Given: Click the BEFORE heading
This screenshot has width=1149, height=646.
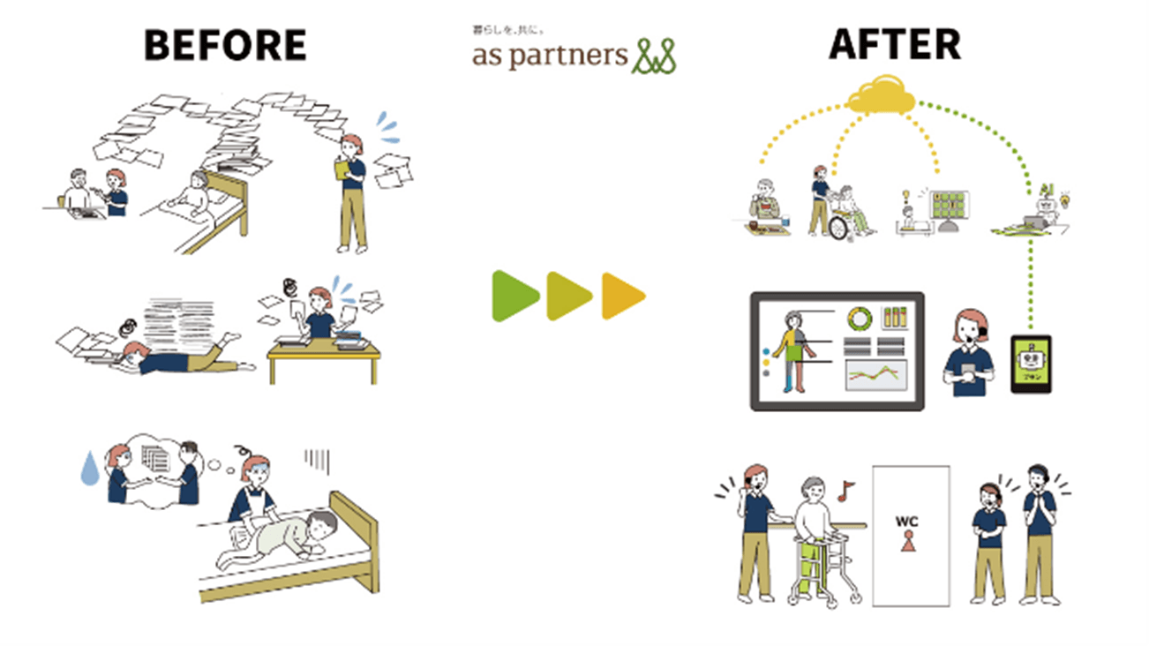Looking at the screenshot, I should click(225, 45).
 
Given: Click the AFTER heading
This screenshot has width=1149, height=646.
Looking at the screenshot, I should click(895, 45).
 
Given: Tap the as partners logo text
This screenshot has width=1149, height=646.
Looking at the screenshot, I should click(549, 55).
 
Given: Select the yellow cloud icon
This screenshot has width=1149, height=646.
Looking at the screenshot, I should click(882, 94).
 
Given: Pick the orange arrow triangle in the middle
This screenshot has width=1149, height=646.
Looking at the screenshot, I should click(623, 296).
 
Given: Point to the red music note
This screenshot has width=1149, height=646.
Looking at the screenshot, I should click(846, 488).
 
